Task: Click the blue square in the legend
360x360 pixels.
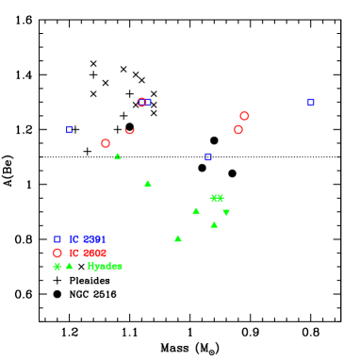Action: tap(57, 239)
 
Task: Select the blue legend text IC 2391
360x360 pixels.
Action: tap(88, 239)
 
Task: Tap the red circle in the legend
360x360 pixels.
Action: tap(57, 253)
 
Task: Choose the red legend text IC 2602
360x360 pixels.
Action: tap(88, 253)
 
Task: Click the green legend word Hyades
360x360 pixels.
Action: tap(105, 266)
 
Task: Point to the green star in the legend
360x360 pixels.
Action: tap(57, 267)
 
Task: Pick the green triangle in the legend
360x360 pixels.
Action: tap(70, 266)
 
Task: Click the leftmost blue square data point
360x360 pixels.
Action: tap(70, 129)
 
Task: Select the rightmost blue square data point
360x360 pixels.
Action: tap(310, 102)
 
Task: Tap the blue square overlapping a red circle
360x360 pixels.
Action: tap(148, 102)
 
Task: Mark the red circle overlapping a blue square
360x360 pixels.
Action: tap(141, 102)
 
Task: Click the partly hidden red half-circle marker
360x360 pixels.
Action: tap(130, 130)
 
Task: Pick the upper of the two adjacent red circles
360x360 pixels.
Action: tap(244, 116)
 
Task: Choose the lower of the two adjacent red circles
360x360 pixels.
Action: tap(238, 130)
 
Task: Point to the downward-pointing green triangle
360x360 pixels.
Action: tap(226, 213)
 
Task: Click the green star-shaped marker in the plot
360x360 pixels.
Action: tap(217, 198)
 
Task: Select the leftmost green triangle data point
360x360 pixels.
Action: tap(118, 156)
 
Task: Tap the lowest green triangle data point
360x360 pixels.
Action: tap(177, 238)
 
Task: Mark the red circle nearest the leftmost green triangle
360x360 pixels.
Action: tap(106, 143)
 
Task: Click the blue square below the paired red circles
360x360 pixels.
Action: tap(208, 156)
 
